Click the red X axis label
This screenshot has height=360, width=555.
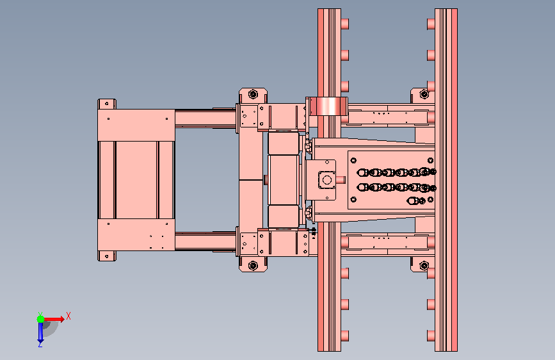(68, 316)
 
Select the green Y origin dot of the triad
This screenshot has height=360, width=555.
(41, 319)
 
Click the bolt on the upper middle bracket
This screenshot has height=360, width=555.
(253, 94)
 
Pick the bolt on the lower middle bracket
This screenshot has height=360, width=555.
(253, 265)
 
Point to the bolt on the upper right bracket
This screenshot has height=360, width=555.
(424, 94)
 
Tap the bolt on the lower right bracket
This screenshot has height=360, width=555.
(424, 265)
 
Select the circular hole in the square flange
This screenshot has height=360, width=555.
(327, 180)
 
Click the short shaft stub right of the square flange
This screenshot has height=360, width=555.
(341, 180)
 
